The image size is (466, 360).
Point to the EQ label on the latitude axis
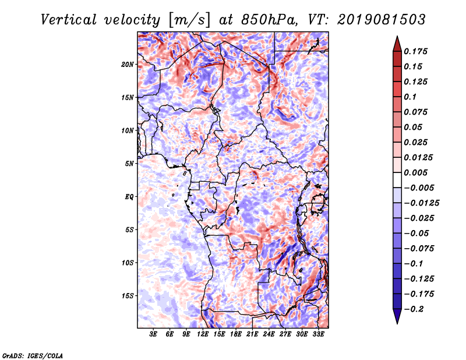(x=129, y=196)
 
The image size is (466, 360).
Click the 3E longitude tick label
(x=153, y=334)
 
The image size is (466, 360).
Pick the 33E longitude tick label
(x=319, y=334)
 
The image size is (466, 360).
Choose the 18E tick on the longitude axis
(x=236, y=334)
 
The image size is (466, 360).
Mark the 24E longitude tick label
(x=269, y=334)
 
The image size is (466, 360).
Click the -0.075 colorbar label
(x=419, y=248)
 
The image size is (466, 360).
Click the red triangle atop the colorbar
(x=396, y=43)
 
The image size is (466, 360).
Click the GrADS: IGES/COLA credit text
(x=32, y=355)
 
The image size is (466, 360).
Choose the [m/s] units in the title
(x=189, y=19)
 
